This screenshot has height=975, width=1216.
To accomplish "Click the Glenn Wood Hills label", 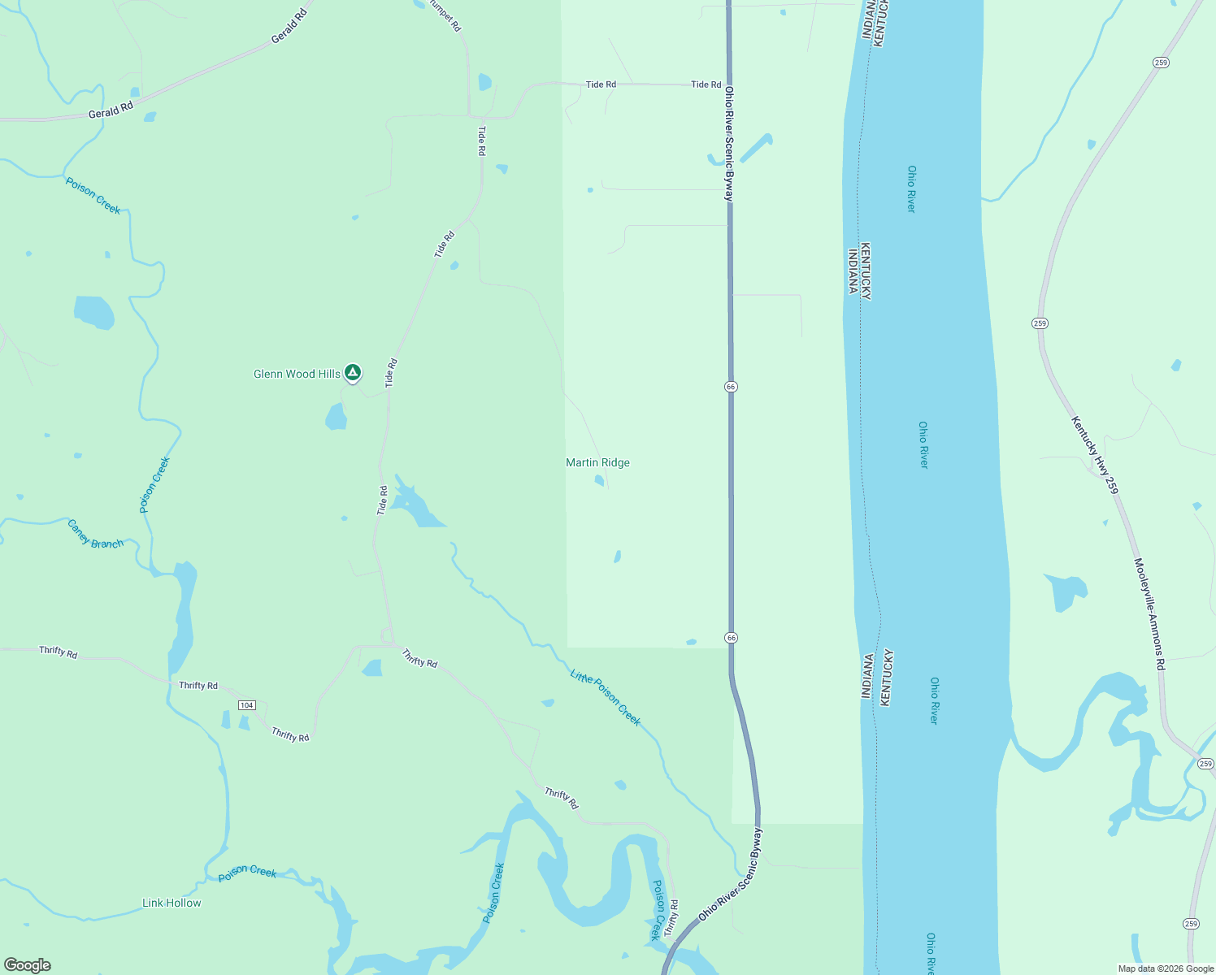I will [x=297, y=375].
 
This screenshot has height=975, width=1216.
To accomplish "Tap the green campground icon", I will [x=352, y=372].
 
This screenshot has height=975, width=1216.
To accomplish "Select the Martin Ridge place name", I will [x=597, y=463].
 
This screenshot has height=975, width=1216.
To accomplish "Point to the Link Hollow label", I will [x=172, y=903].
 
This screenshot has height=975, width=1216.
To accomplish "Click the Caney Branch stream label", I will [x=95, y=534].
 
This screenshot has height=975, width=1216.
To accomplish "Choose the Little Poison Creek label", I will [x=606, y=697].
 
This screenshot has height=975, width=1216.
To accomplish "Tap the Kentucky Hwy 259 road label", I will [x=1094, y=455].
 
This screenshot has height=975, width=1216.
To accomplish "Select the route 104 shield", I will [x=247, y=704].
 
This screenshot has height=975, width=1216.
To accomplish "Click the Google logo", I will [x=27, y=965].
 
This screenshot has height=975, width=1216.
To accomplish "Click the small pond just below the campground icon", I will [x=336, y=418].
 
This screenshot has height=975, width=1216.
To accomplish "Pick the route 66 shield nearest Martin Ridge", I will [x=731, y=387].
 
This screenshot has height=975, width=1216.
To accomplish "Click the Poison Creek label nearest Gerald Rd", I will [x=93, y=196].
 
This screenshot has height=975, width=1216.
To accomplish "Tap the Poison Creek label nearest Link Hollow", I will [x=247, y=873].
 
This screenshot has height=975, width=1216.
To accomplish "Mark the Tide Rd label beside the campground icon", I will [x=392, y=371].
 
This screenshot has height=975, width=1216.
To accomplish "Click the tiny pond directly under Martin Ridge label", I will [x=599, y=480].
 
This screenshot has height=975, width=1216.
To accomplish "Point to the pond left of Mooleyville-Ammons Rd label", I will [x=1065, y=591].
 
